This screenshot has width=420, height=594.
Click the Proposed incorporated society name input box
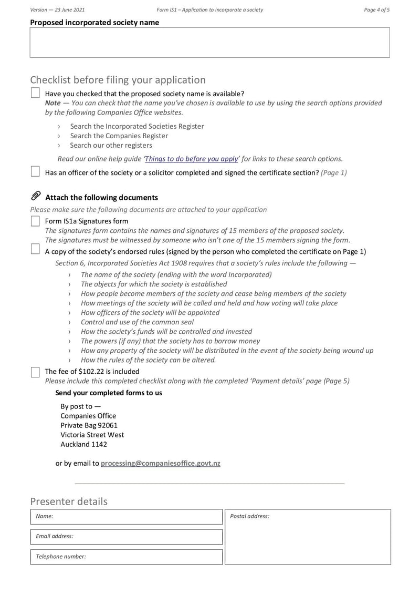coord(209,43)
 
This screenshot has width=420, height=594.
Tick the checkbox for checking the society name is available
coord(35,93)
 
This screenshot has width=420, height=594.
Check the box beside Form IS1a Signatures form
coord(35,221)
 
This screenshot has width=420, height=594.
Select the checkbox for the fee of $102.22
coord(35,372)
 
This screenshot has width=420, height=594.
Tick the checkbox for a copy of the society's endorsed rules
coord(35,249)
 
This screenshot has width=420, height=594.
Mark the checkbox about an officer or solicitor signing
coord(35,171)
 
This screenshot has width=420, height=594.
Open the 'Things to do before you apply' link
coord(192,159)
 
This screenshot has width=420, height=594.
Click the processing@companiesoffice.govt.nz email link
coord(160,463)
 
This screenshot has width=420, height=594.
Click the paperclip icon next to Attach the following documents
coord(36,197)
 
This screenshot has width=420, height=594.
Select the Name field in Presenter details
coord(127,517)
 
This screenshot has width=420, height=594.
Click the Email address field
coord(127,537)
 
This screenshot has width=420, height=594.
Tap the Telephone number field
coord(127,557)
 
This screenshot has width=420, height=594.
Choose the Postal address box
coord(308,537)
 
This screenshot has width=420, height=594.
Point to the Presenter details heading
coord(69,501)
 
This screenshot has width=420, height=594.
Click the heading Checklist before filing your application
coord(118,80)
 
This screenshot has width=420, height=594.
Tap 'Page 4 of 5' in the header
coord(376,9)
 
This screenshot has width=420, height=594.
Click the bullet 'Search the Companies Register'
coord(119,136)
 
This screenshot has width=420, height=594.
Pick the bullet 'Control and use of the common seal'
coord(137,322)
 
